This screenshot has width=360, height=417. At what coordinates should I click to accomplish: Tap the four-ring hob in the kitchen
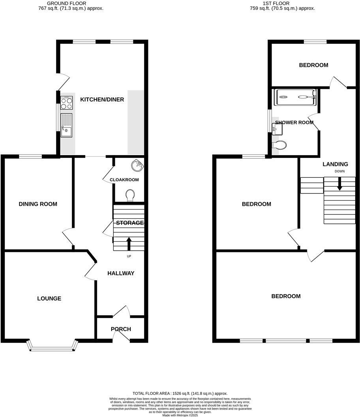click(x=67, y=103)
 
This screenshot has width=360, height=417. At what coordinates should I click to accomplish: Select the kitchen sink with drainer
click(x=67, y=125)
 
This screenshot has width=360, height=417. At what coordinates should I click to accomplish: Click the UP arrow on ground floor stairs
click(x=129, y=243)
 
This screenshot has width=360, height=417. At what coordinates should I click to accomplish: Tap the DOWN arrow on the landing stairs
click(x=339, y=184)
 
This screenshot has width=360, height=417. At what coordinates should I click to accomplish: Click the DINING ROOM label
click(x=38, y=204)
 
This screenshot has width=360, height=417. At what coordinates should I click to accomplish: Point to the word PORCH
click(x=121, y=329)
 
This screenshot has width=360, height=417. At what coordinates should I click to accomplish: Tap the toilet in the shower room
click(x=279, y=145)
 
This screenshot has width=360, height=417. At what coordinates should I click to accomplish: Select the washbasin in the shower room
click(x=275, y=128)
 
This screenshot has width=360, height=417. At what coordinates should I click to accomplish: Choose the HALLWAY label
click(x=121, y=273)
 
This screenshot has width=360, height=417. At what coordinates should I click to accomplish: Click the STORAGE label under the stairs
click(x=129, y=223)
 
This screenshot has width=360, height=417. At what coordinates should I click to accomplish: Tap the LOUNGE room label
click(x=49, y=299)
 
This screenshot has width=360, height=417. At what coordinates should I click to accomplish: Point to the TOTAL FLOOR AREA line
click(x=180, y=393)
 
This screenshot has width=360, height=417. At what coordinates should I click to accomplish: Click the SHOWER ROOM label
click(x=294, y=122)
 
